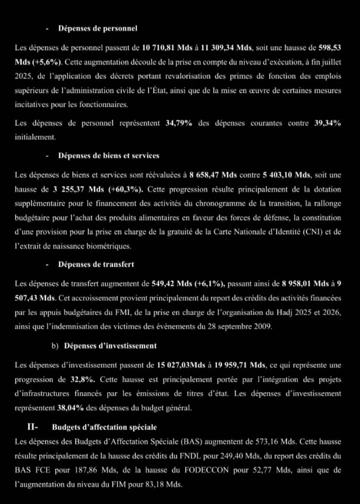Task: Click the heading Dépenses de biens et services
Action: click(x=109, y=155)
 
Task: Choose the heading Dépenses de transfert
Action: click(x=96, y=264)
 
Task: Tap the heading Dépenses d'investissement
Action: click(x=110, y=346)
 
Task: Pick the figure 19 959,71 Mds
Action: click(x=243, y=366)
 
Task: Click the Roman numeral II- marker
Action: click(x=35, y=427)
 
